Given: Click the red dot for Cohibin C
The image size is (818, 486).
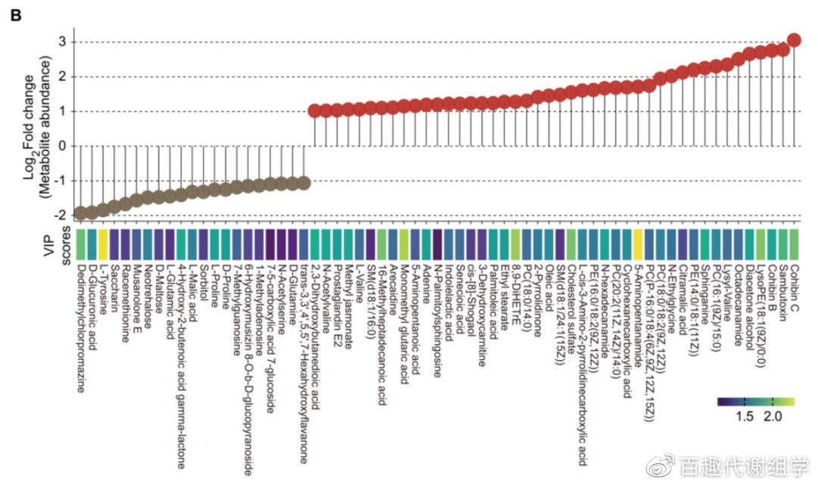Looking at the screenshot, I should [794, 40].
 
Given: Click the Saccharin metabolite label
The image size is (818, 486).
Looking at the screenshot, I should [114, 284].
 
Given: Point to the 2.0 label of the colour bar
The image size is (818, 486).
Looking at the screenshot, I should [773, 416].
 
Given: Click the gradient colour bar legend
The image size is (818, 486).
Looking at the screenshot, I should [755, 402].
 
